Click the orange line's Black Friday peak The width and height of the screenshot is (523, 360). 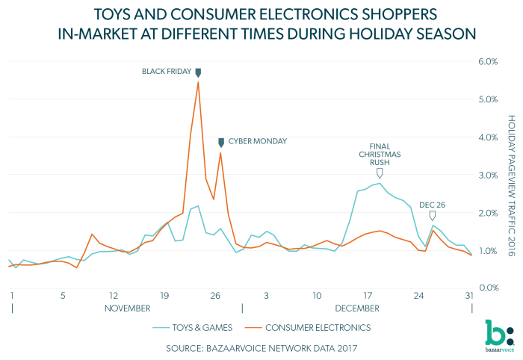tap(197, 81)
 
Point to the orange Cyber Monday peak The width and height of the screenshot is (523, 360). tap(220, 152)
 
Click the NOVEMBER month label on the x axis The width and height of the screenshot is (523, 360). tap(126, 307)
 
